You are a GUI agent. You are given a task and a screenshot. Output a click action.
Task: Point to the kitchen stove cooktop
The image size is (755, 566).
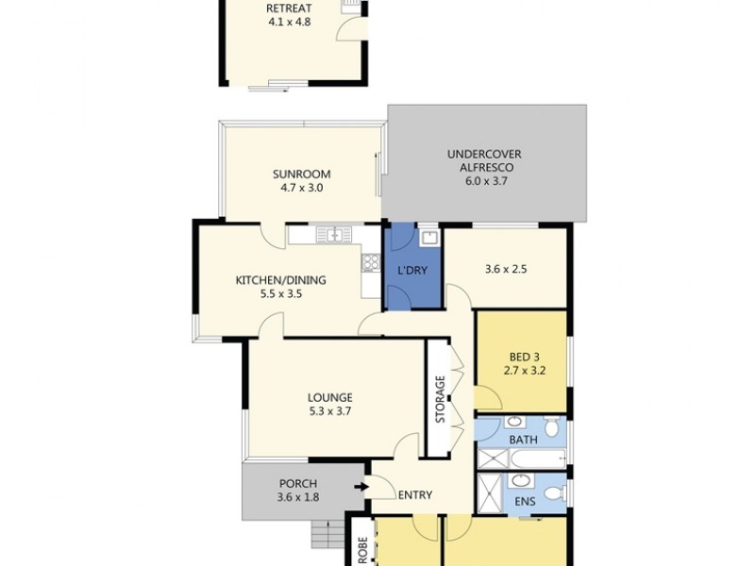point(370,264)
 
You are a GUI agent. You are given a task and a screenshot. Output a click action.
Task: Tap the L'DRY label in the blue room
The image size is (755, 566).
point(412,271)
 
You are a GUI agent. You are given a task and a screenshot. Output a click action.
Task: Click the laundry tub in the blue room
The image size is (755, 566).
point(428,237)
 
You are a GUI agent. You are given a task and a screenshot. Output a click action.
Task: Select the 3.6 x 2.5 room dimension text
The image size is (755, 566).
point(505,269)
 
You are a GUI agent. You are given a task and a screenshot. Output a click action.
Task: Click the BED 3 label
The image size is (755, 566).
point(522,356)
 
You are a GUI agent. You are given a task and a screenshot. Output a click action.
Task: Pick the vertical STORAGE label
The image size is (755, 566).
point(440,400)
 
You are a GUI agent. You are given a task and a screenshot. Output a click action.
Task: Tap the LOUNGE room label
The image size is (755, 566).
point(329,397)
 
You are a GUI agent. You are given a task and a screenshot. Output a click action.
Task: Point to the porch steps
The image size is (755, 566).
point(327,535)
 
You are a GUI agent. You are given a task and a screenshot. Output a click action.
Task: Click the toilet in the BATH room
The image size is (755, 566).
point(555,430)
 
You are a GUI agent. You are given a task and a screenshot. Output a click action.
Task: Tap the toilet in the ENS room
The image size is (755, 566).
point(556,492)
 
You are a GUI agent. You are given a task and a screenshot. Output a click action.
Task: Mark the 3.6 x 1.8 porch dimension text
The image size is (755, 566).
point(297,498)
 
